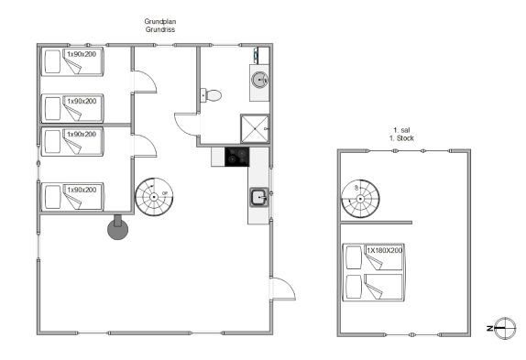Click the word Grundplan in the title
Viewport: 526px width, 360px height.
[x=160, y=21]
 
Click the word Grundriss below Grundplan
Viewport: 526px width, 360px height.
[x=160, y=29]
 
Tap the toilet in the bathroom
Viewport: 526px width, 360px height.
[x=211, y=95]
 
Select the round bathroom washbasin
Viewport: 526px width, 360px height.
[x=260, y=80]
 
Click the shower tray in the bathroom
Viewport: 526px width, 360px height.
[x=255, y=129]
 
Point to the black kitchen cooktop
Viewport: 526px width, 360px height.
[x=236, y=157]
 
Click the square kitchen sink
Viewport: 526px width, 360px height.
[x=259, y=198]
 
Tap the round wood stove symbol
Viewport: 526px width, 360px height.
[x=117, y=230]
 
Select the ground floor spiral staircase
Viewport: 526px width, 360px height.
[x=154, y=197]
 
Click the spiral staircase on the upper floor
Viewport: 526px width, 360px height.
[x=360, y=199]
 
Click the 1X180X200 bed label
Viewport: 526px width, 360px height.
[x=385, y=250]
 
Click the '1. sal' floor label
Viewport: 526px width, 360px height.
[x=401, y=130]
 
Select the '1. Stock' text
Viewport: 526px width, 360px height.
[x=401, y=138]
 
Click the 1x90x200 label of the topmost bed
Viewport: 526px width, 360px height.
[x=82, y=54]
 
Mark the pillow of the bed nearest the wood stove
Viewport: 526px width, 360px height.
[x=52, y=197]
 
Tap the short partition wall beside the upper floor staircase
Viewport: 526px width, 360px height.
[x=377, y=223]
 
